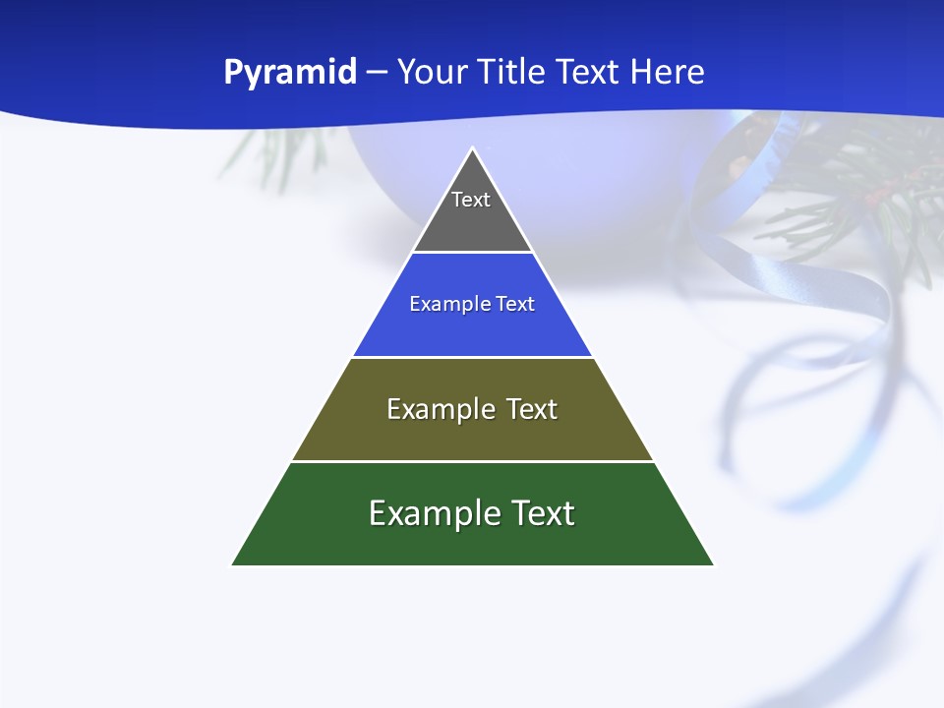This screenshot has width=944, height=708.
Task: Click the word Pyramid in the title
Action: pyautogui.click(x=290, y=73)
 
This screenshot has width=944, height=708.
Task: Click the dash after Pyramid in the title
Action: pyautogui.click(x=377, y=73)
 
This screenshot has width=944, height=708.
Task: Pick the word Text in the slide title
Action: pyautogui.click(x=590, y=72)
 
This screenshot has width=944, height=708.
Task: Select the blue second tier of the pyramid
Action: pyautogui.click(x=472, y=329)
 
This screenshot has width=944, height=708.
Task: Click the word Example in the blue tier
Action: pyautogui.click(x=441, y=305)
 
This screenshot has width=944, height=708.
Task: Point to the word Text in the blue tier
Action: pyautogui.click(x=515, y=305)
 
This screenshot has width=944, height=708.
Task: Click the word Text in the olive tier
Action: pyautogui.click(x=531, y=409)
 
